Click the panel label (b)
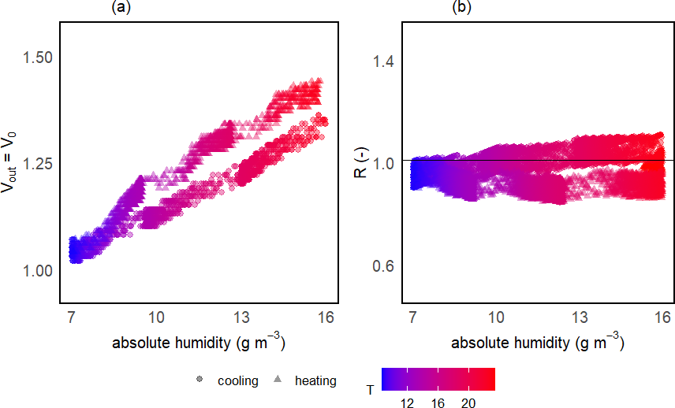pos(461,8)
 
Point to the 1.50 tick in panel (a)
pos(38,57)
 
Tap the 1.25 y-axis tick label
pos(38,164)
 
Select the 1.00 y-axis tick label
pos(38,270)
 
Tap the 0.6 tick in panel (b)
pos(386,266)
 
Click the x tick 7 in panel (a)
pos(71,317)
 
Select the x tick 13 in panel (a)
pos(241,317)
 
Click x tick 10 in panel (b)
pos(496,317)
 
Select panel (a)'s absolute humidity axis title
pos(198,344)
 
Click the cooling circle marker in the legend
pos(200,380)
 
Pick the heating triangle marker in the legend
pos(277,380)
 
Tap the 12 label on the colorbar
pos(407,402)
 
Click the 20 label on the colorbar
pos(469,402)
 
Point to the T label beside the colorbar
pos(370,389)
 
